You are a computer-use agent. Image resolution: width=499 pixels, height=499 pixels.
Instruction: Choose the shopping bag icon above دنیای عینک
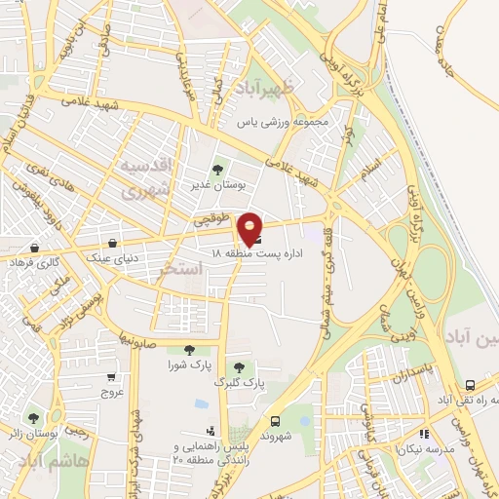(x=115, y=243)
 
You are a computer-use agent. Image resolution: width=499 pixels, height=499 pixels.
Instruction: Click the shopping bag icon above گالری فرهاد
(x=35, y=249)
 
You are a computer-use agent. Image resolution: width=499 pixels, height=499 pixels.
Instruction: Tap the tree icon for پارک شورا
(x=189, y=350)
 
